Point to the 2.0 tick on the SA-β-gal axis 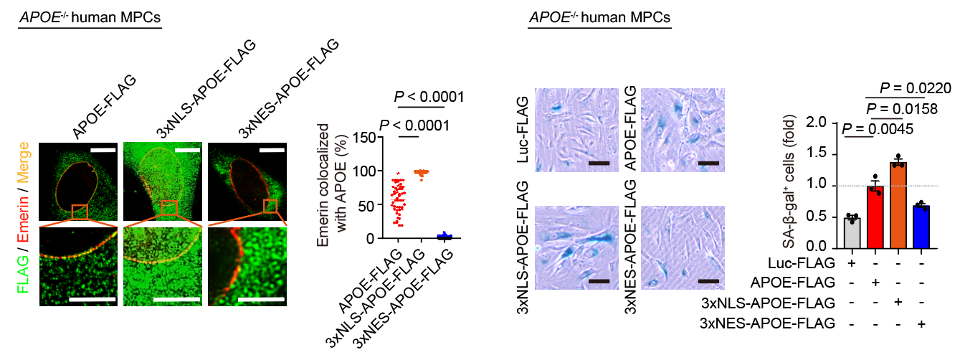[824, 123]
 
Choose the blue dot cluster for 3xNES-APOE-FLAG [444, 235]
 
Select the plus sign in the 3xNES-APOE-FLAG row [919, 323]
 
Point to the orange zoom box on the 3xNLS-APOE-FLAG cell [169, 209]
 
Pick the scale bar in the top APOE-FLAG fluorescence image [103, 151]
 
